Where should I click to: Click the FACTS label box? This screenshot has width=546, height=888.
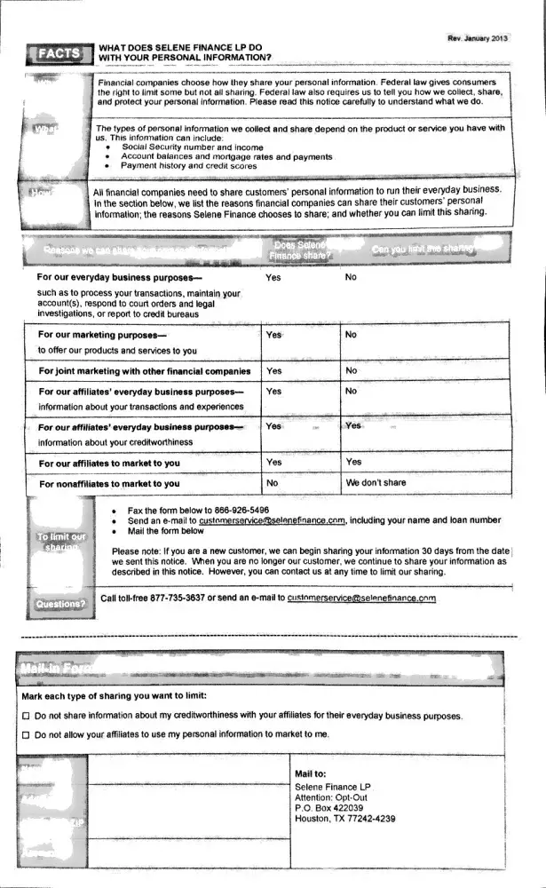59,54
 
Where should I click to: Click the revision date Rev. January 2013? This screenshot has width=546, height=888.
479,38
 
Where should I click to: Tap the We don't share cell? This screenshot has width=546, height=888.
376,483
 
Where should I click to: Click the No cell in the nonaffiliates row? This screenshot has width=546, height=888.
273,483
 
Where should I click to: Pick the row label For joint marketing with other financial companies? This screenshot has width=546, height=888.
145,371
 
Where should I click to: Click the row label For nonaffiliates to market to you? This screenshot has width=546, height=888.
109,484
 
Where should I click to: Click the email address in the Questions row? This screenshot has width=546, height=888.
362,599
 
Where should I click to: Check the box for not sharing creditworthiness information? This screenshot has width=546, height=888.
26,716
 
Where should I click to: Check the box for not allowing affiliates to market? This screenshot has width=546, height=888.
26,734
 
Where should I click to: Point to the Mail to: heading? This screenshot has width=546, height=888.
311,774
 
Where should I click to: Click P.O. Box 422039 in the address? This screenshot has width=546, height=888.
328,808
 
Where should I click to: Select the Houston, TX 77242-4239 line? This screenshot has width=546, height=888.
344,819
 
